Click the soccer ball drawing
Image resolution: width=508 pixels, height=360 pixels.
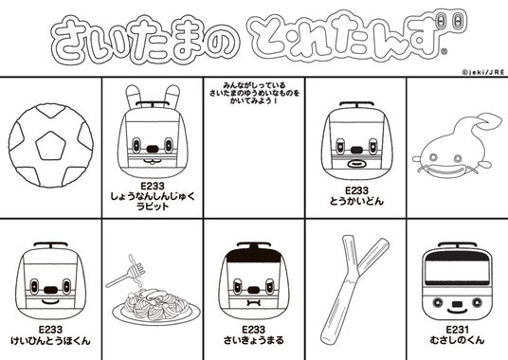[x=51, y=145]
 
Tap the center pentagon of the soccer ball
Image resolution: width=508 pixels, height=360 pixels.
[x=50, y=146]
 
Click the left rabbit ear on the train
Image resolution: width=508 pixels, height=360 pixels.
[x=132, y=97]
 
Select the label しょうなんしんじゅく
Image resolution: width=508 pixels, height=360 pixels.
[x=153, y=196]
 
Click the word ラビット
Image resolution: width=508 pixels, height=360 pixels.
[x=153, y=207]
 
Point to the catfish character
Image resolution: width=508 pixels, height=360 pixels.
[x=454, y=146]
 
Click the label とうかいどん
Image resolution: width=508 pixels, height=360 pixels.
[x=356, y=202]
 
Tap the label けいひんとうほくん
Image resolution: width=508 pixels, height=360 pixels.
[x=50, y=340]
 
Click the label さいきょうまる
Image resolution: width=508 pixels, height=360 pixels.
[x=254, y=340]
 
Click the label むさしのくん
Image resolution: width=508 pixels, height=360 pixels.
[x=457, y=340]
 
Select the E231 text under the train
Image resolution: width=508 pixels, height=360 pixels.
[x=457, y=330]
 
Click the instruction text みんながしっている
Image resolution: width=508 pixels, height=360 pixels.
[x=254, y=85]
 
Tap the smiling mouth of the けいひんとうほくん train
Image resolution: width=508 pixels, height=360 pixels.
[x=50, y=301]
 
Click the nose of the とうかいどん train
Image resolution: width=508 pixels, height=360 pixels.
[x=356, y=150]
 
